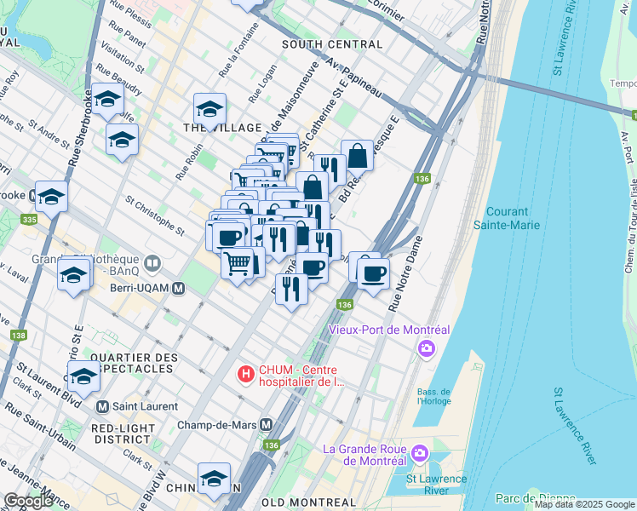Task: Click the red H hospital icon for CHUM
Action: point(245,373)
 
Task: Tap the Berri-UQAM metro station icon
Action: point(178,289)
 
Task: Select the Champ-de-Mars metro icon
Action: point(266,424)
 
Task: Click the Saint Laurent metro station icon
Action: point(103,406)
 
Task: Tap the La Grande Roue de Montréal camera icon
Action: point(418,453)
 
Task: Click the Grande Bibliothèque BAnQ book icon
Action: point(153,261)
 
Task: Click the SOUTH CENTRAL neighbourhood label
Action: point(331,43)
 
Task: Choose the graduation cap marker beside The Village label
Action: point(209,108)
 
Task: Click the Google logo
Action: point(28,501)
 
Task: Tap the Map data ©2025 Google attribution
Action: point(583,504)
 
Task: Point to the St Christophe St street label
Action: point(154,216)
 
